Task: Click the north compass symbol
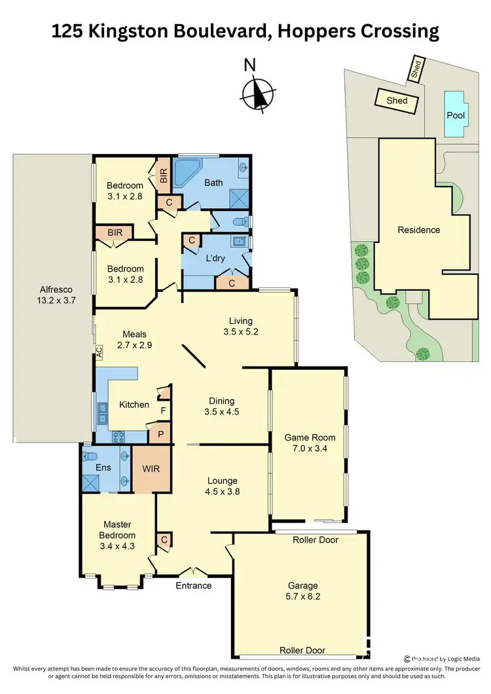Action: [x=259, y=92]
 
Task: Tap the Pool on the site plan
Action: [x=456, y=115]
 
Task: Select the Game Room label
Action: [x=310, y=438]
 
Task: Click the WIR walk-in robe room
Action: [x=151, y=469]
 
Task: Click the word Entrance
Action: [x=194, y=585]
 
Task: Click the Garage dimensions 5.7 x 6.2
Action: [x=302, y=597]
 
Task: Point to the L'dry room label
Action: [x=216, y=258]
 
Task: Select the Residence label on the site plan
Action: [x=419, y=230]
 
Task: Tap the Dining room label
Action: [x=221, y=401]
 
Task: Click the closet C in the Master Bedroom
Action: [x=163, y=539]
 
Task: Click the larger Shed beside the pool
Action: [x=397, y=100]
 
